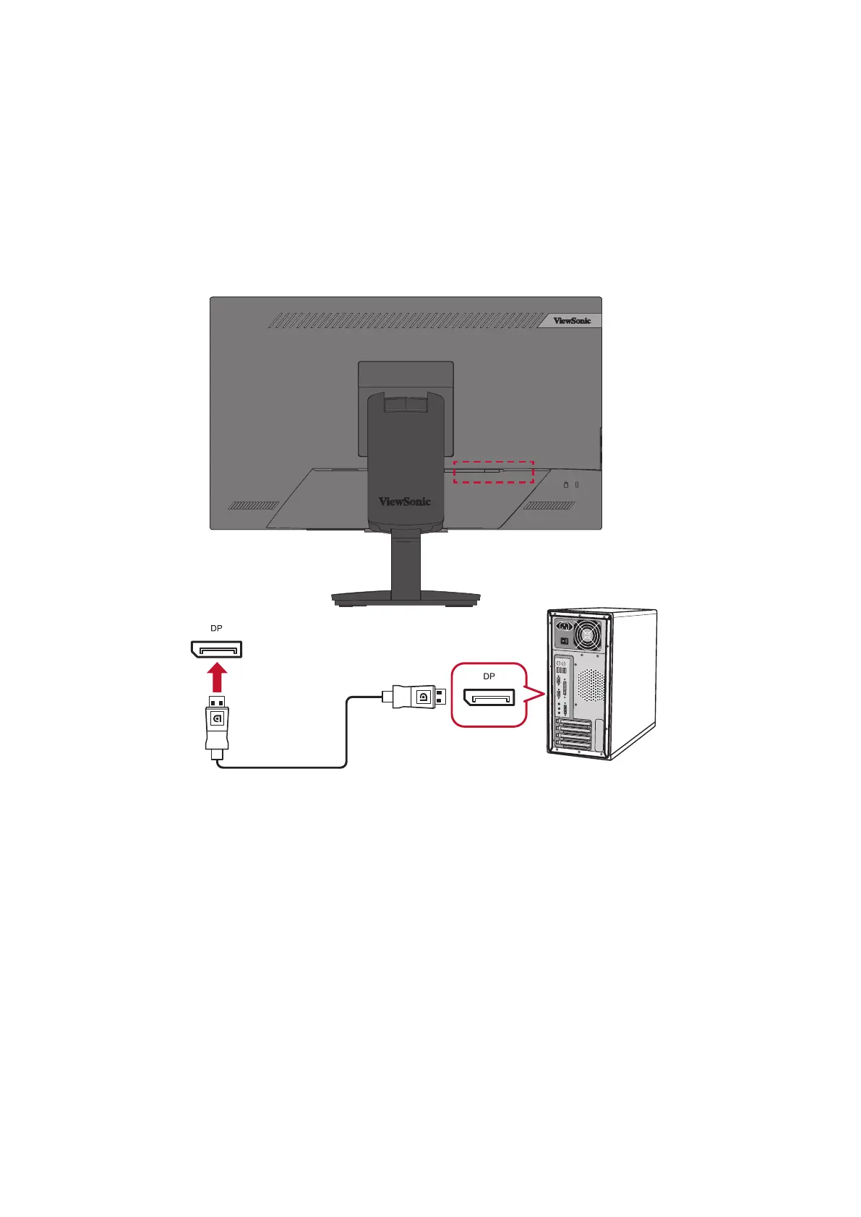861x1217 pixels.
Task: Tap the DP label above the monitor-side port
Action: point(216,629)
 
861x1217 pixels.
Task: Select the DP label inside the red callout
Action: point(489,676)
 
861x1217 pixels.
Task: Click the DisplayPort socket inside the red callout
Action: point(489,697)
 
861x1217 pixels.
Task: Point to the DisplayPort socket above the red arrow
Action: point(216,649)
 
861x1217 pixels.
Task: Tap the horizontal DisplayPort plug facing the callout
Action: point(416,697)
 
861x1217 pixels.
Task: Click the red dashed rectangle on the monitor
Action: point(493,472)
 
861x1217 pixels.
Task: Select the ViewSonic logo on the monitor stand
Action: point(405,502)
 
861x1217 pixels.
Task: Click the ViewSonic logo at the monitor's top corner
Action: point(572,321)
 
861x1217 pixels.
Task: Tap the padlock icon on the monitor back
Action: point(566,485)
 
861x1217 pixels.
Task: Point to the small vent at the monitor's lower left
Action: point(254,506)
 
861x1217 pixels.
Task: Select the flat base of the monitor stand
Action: point(406,598)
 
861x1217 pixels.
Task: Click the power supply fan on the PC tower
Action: point(588,635)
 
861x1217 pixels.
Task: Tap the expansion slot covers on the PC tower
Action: point(573,737)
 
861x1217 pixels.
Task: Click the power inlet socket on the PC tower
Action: point(565,625)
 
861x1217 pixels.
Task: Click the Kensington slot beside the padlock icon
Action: point(577,485)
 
